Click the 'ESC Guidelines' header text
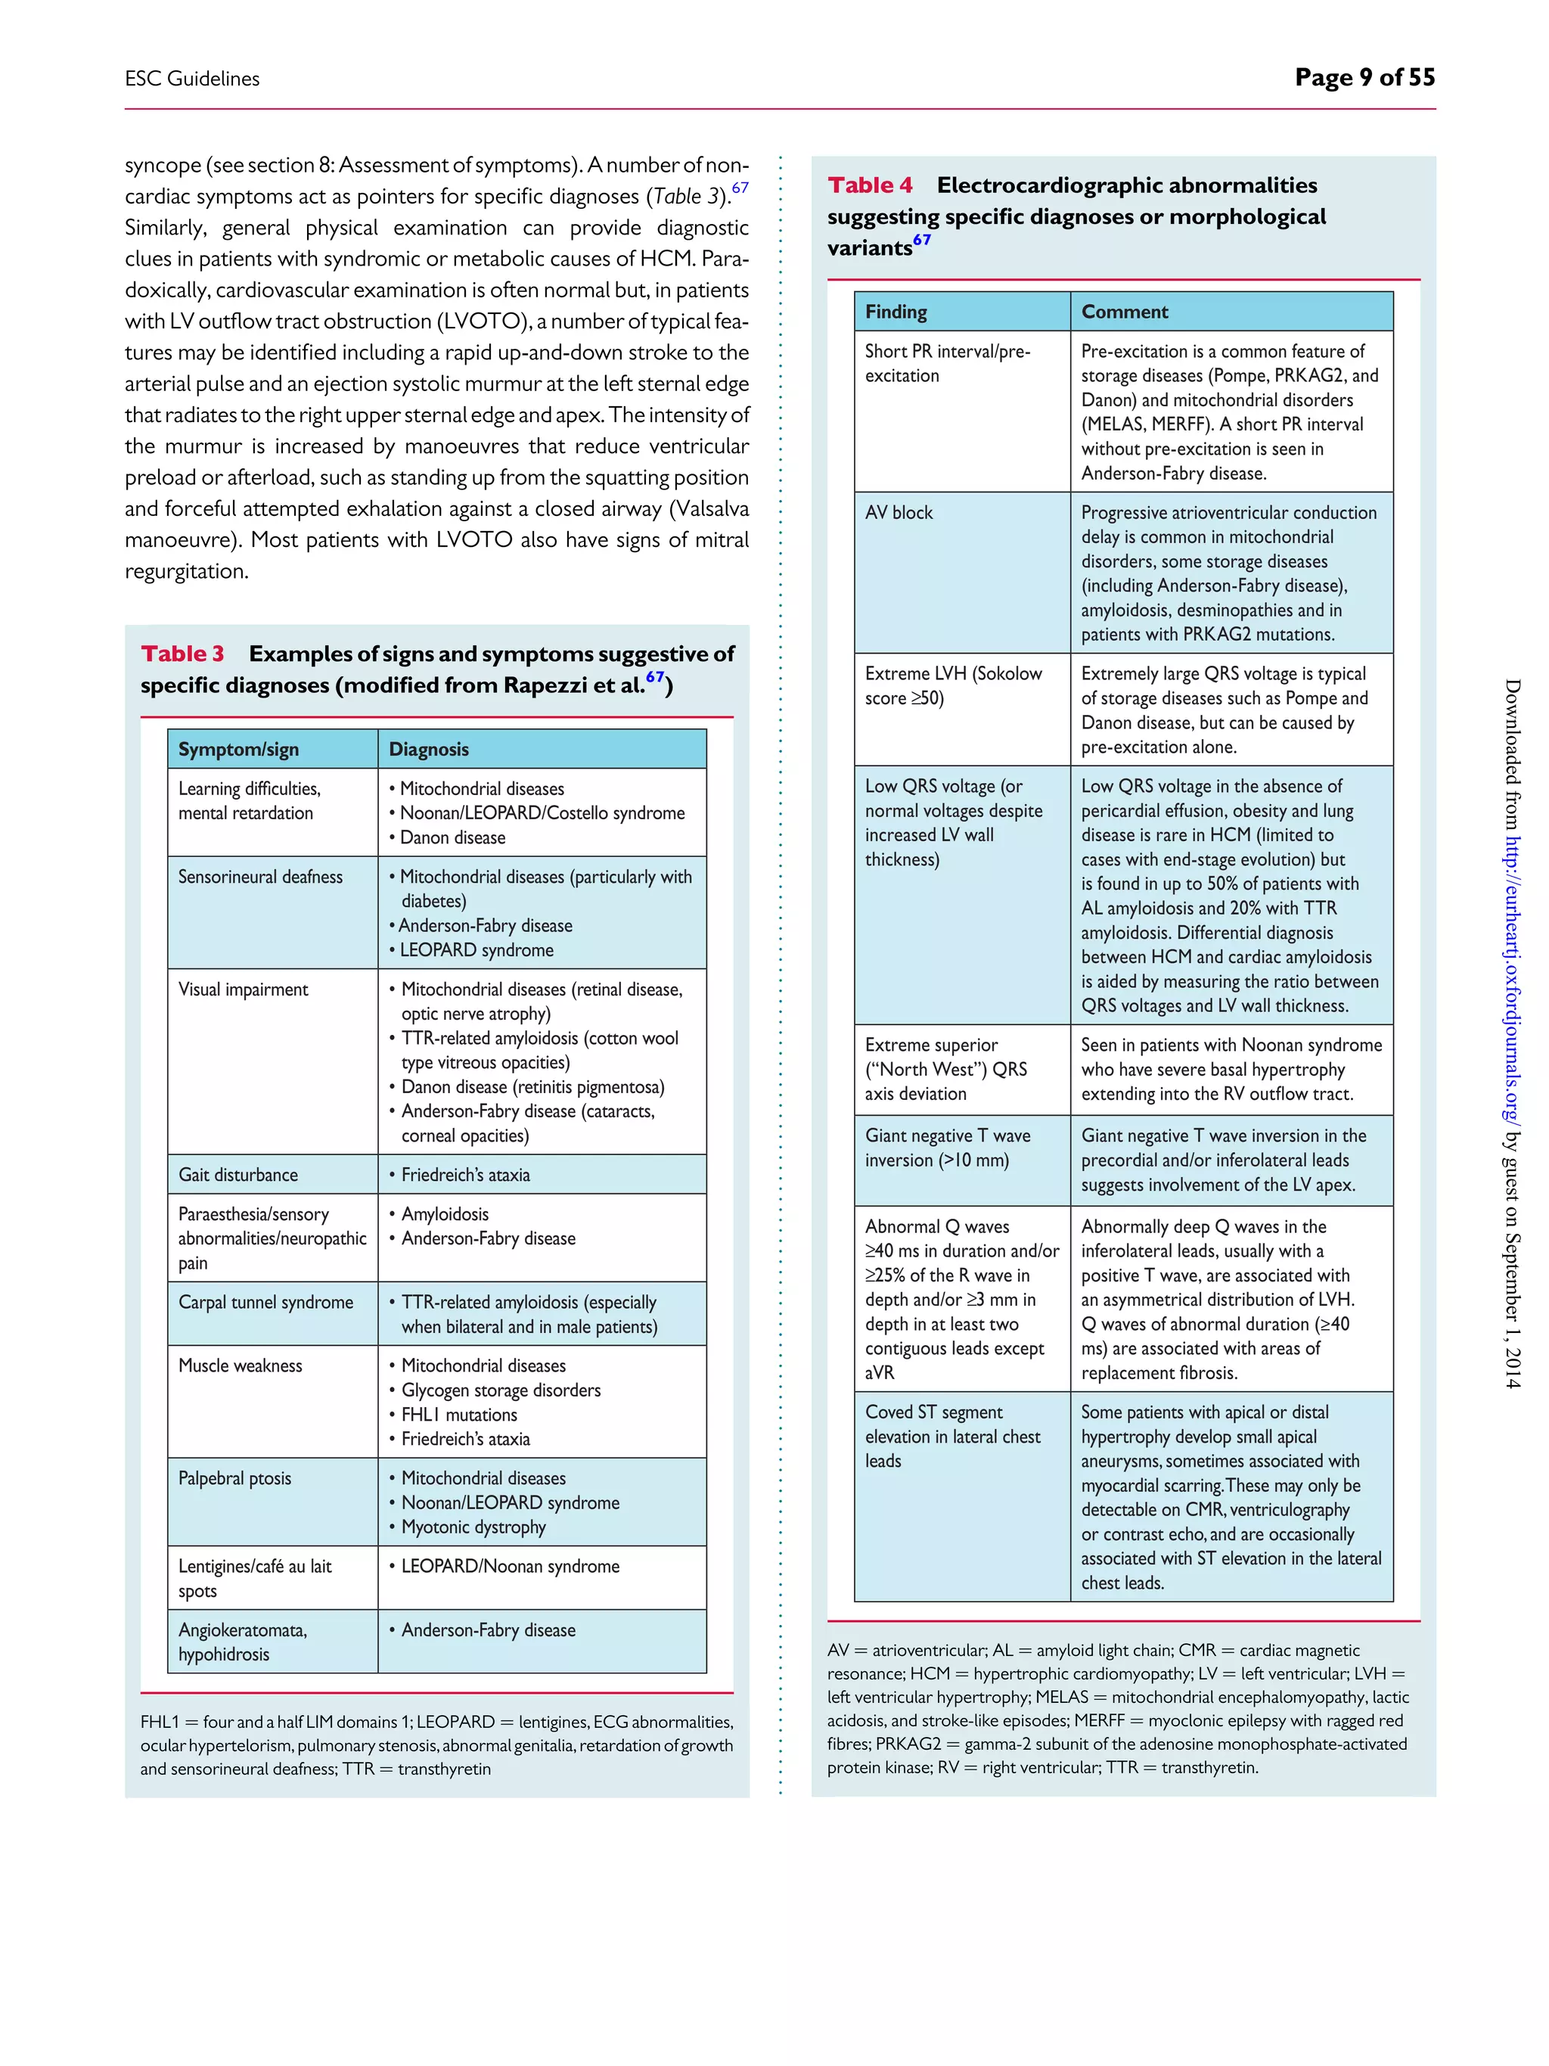pos(192,79)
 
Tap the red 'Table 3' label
pos(183,654)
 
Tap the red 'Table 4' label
pos(869,185)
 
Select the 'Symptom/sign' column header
pos(238,749)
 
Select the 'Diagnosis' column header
pos(429,749)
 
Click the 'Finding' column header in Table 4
pos(896,312)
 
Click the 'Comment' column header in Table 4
pos(1124,312)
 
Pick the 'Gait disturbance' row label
pos(238,1175)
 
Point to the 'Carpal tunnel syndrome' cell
pos(265,1302)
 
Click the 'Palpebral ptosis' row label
pos(234,1477)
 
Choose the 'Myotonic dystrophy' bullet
pos(473,1527)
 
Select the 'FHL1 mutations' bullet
pos(458,1414)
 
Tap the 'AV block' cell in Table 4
pos(899,513)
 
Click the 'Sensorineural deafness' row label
pos(260,877)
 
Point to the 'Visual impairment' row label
pos(243,989)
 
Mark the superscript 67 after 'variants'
pos(921,240)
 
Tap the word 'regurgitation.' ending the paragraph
pos(187,572)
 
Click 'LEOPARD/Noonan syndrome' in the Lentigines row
pos(510,1566)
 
